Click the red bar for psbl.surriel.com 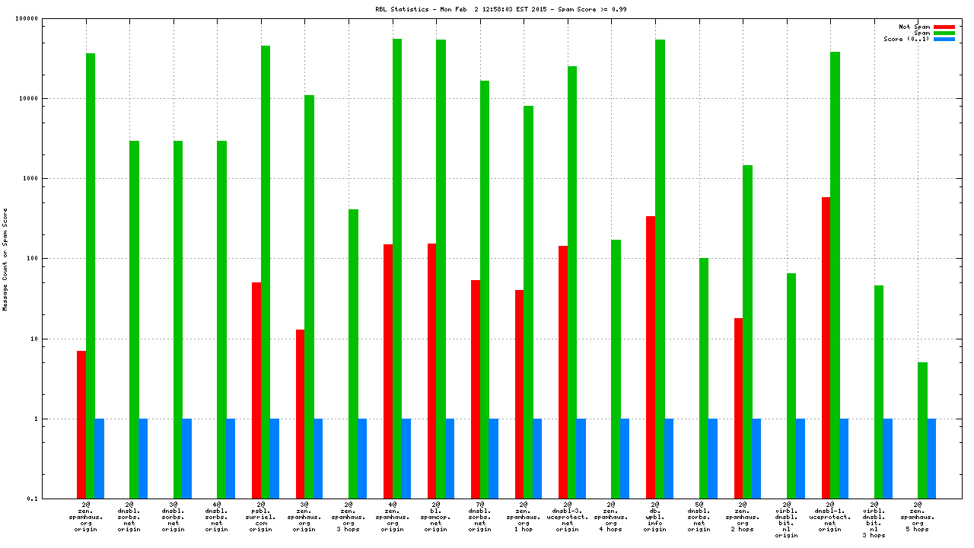(256, 390)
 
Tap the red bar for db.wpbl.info (651, 357)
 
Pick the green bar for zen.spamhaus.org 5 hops (922, 430)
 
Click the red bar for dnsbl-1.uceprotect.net (826, 347)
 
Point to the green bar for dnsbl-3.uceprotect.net (572, 282)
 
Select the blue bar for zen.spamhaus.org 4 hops (625, 458)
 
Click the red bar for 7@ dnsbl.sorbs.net (476, 389)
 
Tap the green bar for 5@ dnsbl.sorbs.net (704, 378)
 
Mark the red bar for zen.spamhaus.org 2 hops (738, 408)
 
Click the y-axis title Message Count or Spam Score (5, 259)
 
